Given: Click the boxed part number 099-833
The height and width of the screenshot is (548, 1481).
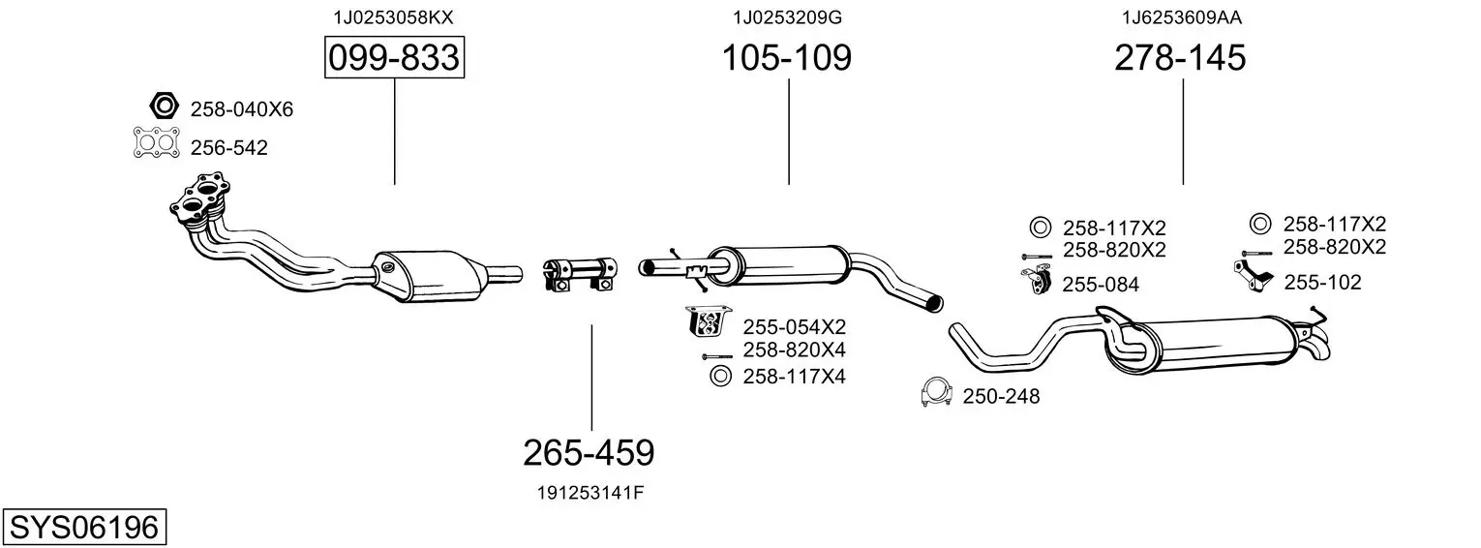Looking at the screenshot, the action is [394, 57].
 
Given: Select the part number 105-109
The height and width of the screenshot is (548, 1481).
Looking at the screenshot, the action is [787, 57].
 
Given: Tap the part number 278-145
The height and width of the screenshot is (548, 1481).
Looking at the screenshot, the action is [1180, 57].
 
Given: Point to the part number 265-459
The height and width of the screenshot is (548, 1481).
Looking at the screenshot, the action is [589, 453].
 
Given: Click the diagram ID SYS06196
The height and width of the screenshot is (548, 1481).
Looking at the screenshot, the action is [84, 528].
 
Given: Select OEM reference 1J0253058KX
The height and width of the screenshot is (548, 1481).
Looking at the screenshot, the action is [393, 17].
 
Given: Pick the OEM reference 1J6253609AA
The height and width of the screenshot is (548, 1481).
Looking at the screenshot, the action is [1182, 17].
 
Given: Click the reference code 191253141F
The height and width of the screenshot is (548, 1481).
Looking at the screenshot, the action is [590, 493].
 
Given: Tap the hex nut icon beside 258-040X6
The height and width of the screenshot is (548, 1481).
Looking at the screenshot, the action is [164, 106].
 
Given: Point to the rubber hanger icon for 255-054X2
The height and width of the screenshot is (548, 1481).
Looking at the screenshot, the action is [709, 321].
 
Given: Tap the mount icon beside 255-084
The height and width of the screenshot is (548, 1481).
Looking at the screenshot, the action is [1036, 280].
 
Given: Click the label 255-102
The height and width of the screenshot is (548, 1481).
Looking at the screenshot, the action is [1322, 283].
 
